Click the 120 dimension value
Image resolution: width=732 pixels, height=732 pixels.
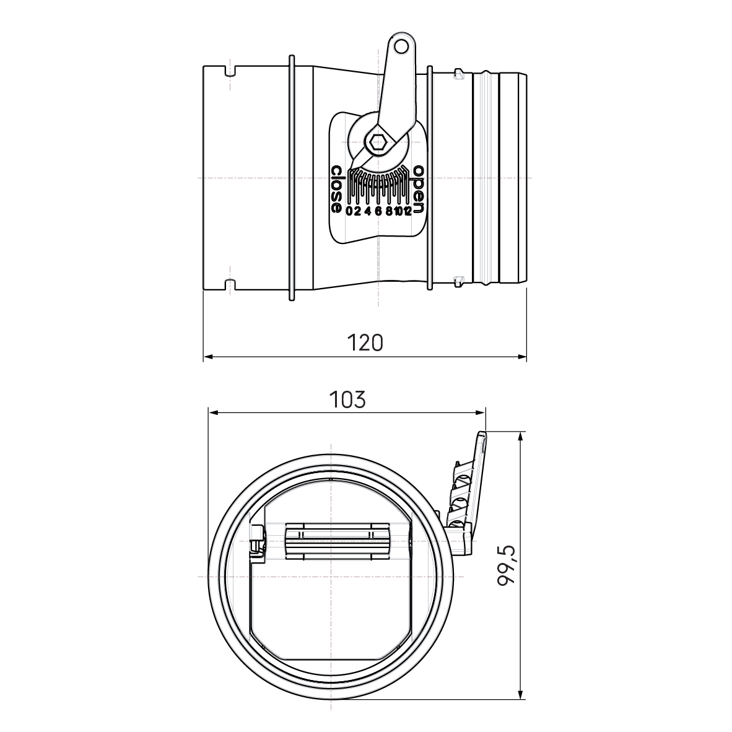(x=365, y=342)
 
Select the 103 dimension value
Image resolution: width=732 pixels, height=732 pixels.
(x=347, y=399)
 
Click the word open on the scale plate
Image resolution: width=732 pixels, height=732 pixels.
(x=419, y=189)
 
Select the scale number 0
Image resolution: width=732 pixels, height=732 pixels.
(x=349, y=211)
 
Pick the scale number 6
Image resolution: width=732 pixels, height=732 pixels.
(x=378, y=211)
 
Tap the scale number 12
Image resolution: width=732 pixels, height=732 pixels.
(x=406, y=211)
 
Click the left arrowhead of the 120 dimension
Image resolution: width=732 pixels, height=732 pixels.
(x=208, y=357)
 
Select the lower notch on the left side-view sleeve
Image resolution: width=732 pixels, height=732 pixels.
(x=229, y=286)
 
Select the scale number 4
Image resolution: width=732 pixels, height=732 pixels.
(x=368, y=211)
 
